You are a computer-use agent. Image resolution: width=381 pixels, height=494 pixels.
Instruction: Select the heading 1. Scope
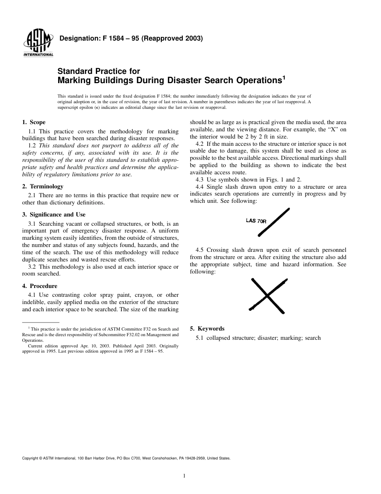[x=34, y=122]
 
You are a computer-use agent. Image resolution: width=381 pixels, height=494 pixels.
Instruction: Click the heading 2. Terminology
[x=43, y=187]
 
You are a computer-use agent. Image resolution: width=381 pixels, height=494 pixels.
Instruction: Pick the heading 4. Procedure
[x=39, y=286]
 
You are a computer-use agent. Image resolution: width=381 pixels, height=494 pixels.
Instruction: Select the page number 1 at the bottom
[x=184, y=476]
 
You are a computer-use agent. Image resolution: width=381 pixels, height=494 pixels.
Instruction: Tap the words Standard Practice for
[x=99, y=71]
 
